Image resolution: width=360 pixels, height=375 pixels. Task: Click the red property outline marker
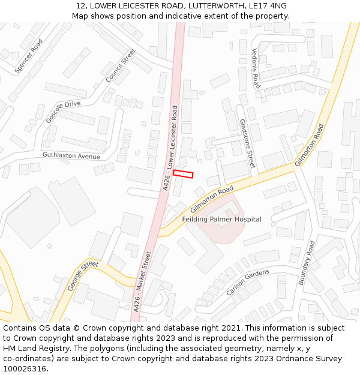click(183, 174)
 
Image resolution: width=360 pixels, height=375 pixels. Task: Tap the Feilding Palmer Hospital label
click(222, 220)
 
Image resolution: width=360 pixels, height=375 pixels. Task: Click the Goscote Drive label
click(63, 112)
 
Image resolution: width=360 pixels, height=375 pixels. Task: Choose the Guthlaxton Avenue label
click(71, 156)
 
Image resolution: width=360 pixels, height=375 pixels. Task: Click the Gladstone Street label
click(247, 143)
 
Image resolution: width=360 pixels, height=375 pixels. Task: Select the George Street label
click(83, 276)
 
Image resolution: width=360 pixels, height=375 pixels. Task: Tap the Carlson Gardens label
click(248, 282)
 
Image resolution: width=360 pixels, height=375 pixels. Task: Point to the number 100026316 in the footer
click(25, 368)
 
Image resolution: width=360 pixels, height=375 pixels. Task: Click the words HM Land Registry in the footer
click(32, 348)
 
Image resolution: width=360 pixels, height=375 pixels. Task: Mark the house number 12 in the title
click(80, 6)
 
